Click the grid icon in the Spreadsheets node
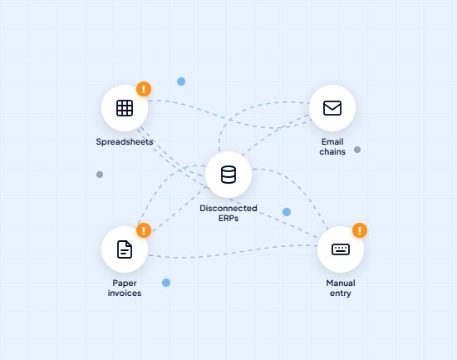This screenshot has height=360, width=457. click(x=125, y=108)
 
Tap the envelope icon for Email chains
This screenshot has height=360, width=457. click(x=332, y=108)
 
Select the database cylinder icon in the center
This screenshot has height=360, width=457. click(x=228, y=175)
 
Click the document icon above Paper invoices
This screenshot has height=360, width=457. click(x=125, y=249)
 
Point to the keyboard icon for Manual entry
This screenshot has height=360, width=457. click(x=341, y=249)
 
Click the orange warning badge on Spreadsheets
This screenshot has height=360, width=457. click(x=144, y=89)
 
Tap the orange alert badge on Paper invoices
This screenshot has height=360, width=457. click(x=144, y=230)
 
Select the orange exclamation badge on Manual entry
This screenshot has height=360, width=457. click(x=360, y=230)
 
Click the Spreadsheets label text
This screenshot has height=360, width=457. click(x=125, y=142)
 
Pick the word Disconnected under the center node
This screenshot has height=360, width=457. click(x=228, y=208)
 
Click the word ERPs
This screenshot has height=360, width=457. click(x=228, y=218)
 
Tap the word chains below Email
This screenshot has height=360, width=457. click(x=332, y=151)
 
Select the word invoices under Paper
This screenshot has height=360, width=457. click(x=125, y=293)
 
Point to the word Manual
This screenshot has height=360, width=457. click(x=341, y=283)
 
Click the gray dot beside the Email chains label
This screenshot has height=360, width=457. click(x=357, y=150)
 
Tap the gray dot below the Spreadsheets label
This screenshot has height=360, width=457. click(x=100, y=175)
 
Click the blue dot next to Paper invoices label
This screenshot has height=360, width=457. click(x=166, y=283)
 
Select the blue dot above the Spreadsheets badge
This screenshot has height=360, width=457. click(x=181, y=81)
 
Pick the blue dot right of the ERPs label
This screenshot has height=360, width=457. click(x=287, y=212)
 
